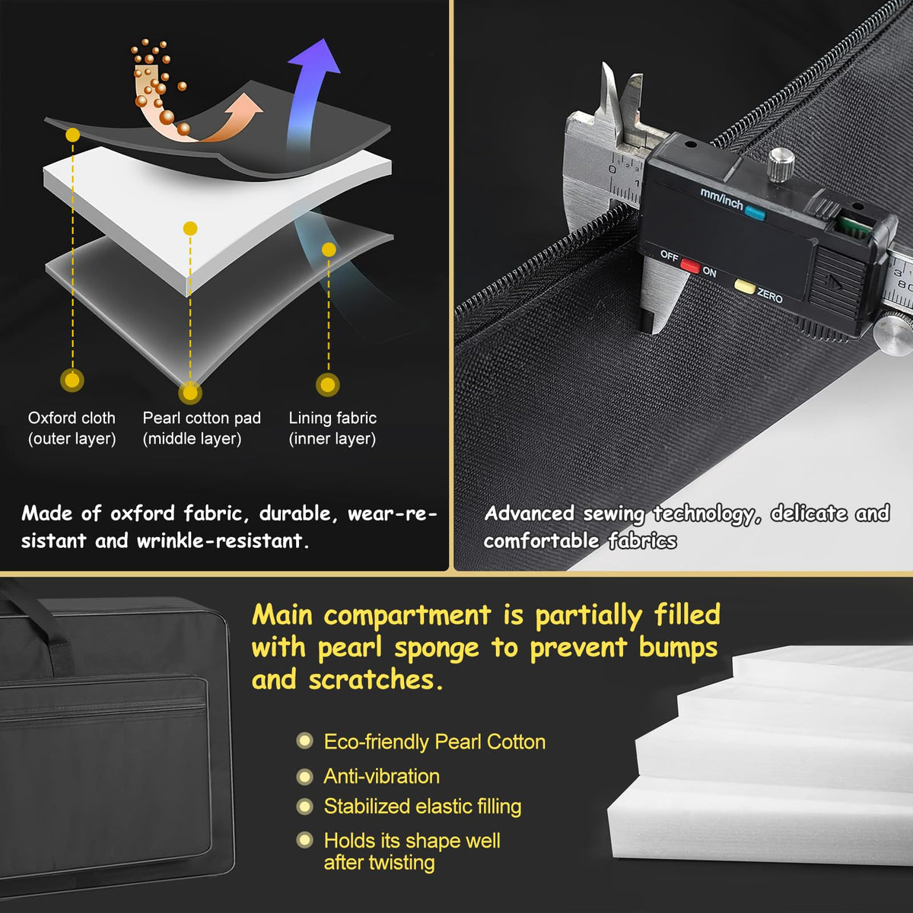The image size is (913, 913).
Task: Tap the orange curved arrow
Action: tap(199, 128)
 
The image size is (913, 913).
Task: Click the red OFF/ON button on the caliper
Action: tap(690, 265)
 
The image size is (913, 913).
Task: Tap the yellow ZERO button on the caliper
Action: tap(744, 286)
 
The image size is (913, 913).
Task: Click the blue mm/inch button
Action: tap(755, 213)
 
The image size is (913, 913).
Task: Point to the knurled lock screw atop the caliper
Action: tap(781, 164)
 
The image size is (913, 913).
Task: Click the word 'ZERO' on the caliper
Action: tap(769, 296)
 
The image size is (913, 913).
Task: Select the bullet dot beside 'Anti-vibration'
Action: tap(304, 777)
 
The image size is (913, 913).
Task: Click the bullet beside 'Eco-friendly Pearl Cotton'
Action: tap(304, 741)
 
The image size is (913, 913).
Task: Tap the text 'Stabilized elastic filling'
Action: tap(422, 806)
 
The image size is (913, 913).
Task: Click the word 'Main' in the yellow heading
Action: tap(282, 616)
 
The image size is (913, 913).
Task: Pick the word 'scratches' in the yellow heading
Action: tap(372, 680)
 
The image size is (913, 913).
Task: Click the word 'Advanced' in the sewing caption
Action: tap(530, 514)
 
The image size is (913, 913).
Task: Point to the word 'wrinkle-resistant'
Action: tap(219, 541)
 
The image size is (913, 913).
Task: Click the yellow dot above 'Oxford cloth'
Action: tap(72, 135)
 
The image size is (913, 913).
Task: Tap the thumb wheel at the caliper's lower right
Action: tap(892, 335)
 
